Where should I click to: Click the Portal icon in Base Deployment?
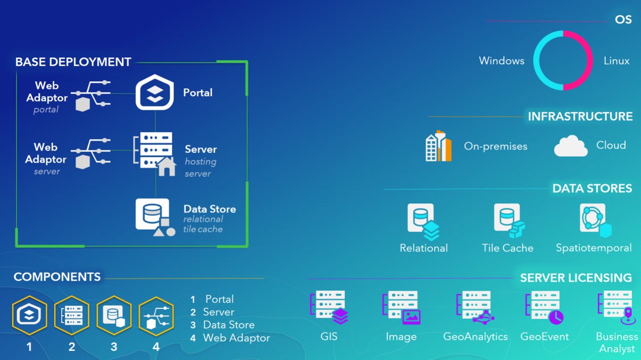[x=154, y=92]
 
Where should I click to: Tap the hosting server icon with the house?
[x=154, y=154]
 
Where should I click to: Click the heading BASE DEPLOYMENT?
[x=73, y=62]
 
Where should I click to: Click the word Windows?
[x=502, y=61]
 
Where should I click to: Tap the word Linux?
[x=617, y=61]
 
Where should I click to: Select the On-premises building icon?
[x=438, y=146]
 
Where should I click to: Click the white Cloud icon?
[x=571, y=146]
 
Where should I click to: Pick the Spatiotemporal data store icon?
[x=595, y=220]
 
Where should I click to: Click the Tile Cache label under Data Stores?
[x=507, y=248]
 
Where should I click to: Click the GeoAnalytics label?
[x=476, y=337]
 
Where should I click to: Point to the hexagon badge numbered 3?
[x=114, y=315]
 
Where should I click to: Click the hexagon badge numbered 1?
[x=29, y=315]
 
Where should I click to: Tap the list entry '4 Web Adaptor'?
[x=230, y=338]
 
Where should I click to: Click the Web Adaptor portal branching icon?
[x=91, y=96]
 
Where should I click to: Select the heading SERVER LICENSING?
[x=576, y=278]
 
